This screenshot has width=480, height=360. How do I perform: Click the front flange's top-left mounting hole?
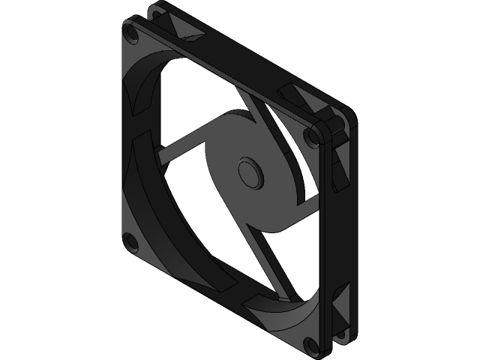tap(133, 35)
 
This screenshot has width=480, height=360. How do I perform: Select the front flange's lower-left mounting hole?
tap(130, 241)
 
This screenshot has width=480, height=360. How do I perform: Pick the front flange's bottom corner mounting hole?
tap(310, 344)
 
